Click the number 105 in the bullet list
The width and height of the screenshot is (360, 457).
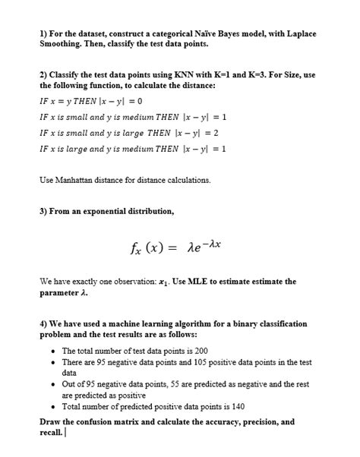click(189, 362)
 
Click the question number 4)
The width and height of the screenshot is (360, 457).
click(44, 323)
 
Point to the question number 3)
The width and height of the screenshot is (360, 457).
click(44, 211)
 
